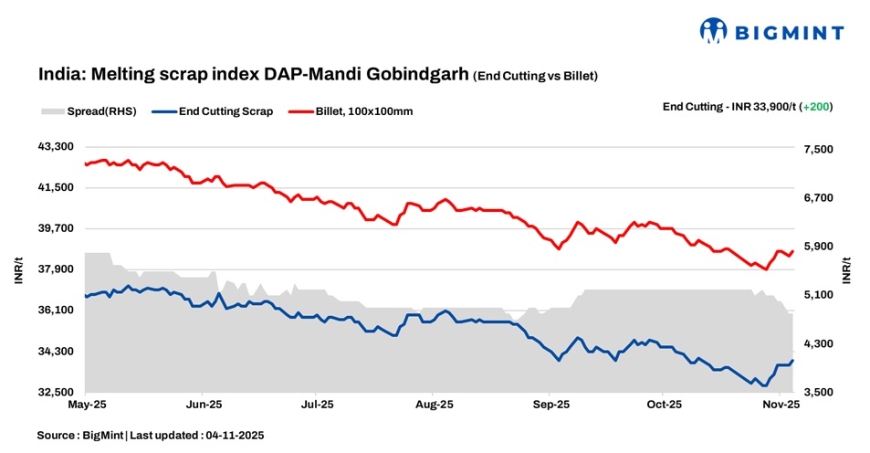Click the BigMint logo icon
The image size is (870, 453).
(713, 30)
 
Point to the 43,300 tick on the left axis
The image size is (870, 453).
(55, 147)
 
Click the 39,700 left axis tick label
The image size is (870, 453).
(55, 228)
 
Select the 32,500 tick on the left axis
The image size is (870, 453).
(55, 393)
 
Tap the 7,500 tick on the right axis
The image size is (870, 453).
(819, 149)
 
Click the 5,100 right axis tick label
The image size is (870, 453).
(819, 295)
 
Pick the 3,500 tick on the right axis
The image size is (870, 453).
(819, 393)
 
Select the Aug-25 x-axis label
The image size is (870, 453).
(434, 403)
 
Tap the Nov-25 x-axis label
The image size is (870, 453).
(781, 403)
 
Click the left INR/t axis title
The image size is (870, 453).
(19, 270)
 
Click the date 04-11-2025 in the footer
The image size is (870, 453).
(235, 436)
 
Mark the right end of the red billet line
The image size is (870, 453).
(793, 250)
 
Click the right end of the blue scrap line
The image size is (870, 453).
(793, 360)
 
